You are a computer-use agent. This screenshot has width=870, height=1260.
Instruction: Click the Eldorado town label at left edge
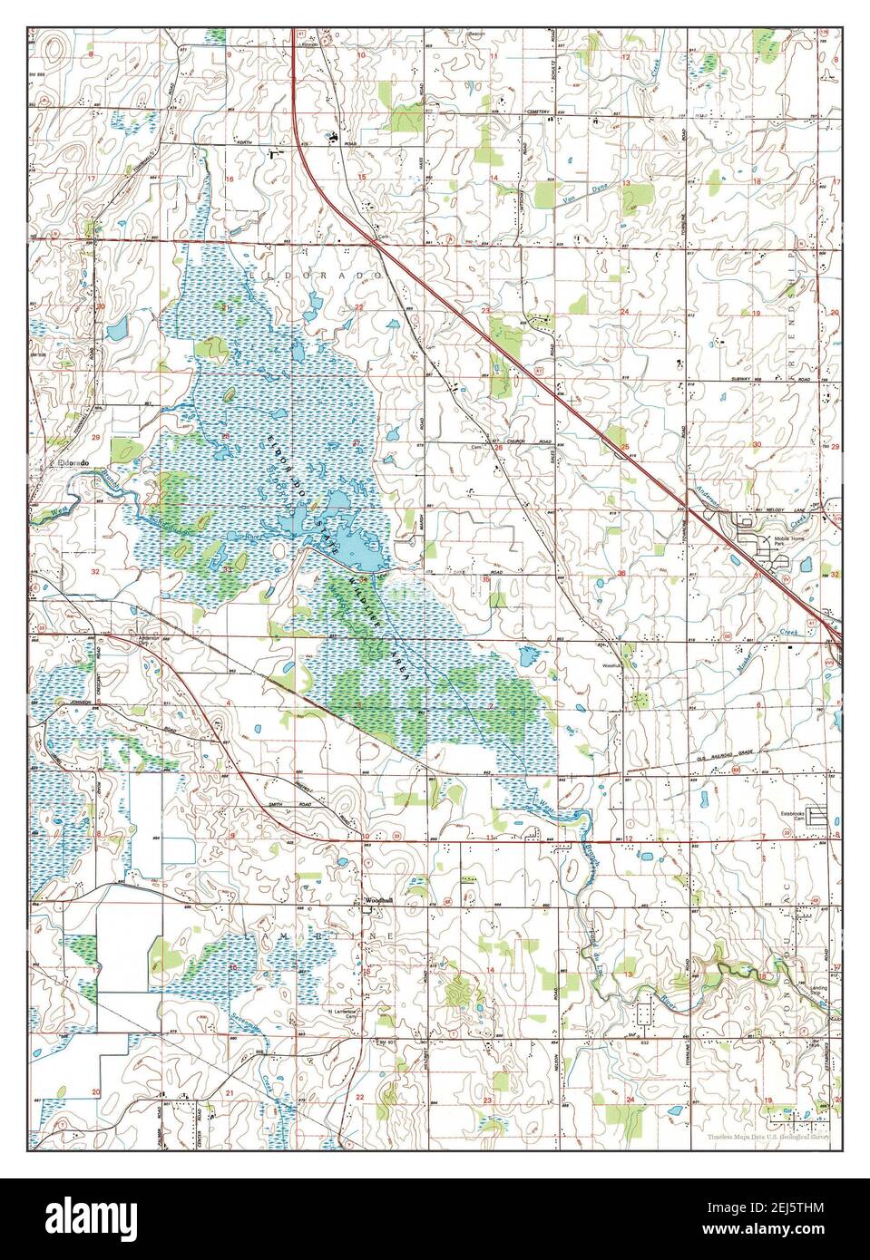(x=72, y=463)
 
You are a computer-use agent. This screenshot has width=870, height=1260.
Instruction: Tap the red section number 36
(x=621, y=573)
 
